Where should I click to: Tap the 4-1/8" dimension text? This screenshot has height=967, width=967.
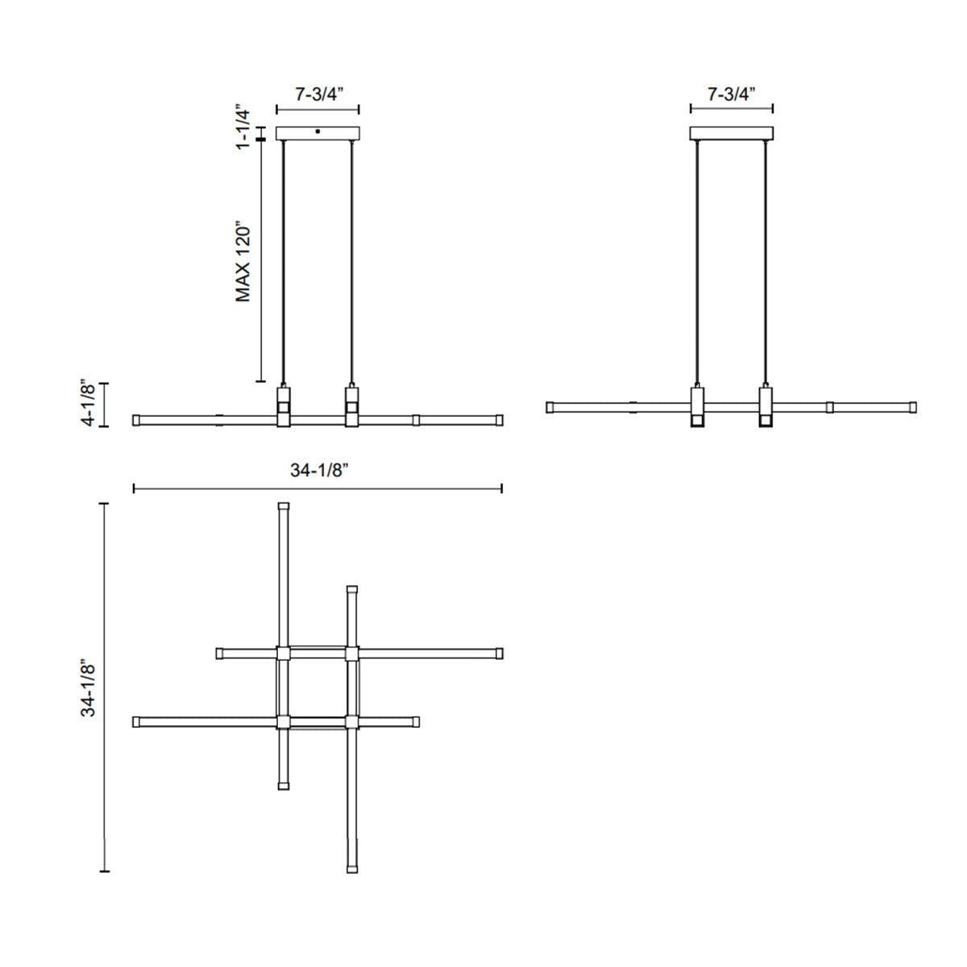pyautogui.click(x=90, y=405)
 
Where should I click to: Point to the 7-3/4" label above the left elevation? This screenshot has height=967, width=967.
pyautogui.click(x=317, y=94)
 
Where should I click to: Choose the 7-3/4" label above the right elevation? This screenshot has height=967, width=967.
pyautogui.click(x=732, y=94)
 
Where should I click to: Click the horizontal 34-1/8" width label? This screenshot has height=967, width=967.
pyautogui.click(x=317, y=471)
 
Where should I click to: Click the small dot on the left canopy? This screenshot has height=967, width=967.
pyautogui.click(x=318, y=131)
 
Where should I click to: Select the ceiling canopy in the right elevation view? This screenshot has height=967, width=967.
pyautogui.click(x=732, y=134)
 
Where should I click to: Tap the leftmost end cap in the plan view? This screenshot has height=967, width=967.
pyautogui.click(x=136, y=721)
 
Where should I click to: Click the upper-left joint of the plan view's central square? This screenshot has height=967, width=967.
pyautogui.click(x=283, y=653)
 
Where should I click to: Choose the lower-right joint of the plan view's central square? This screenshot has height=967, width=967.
pyautogui.click(x=351, y=721)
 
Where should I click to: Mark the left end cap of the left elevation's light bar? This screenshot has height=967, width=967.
pyautogui.click(x=136, y=420)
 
